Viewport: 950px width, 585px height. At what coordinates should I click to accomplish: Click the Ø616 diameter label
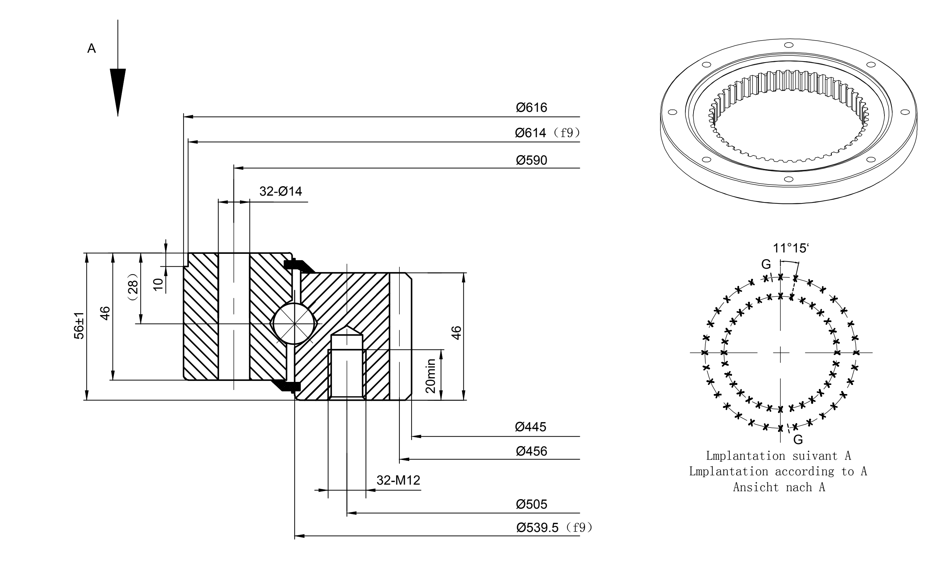(x=532, y=107)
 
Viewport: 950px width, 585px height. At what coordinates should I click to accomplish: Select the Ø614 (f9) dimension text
(x=547, y=133)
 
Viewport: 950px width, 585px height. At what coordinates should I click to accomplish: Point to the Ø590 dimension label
(x=532, y=160)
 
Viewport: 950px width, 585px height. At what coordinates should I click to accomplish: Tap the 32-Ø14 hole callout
(x=281, y=191)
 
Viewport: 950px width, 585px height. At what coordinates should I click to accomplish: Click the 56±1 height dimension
(x=79, y=326)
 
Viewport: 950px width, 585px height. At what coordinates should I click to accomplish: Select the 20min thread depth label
(x=431, y=376)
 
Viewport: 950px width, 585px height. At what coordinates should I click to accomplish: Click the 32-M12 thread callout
(x=398, y=480)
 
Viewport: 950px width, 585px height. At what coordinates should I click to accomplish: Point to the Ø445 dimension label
(x=530, y=427)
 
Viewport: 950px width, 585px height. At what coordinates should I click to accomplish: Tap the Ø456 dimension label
(x=532, y=451)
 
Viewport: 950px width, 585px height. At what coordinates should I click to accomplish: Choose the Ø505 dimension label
(x=532, y=504)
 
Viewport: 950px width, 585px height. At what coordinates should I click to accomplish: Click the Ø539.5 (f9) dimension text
(x=554, y=527)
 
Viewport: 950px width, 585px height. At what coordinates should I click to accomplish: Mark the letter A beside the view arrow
(x=92, y=48)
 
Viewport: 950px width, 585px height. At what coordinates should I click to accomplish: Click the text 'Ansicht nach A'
(x=779, y=487)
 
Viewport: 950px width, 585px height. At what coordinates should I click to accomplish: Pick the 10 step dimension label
(x=159, y=284)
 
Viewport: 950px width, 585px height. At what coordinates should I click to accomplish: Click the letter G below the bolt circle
(x=798, y=440)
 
